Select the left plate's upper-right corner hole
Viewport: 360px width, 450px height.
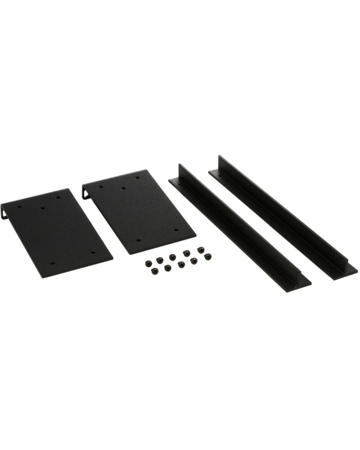[60, 196]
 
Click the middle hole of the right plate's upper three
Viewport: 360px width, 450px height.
[123, 188]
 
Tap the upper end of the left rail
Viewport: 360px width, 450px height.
[180, 169]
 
